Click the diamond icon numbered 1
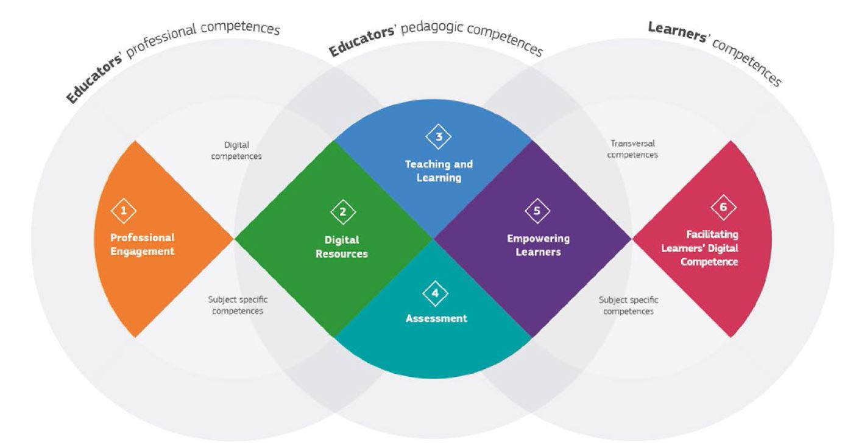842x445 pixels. [124, 211]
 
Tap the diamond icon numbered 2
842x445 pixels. [343, 212]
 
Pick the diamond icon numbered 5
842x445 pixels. [537, 211]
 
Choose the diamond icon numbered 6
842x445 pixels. [723, 208]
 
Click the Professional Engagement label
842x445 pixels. [142, 244]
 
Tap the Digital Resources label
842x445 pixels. [342, 247]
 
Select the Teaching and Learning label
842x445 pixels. [439, 171]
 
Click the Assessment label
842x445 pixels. [436, 318]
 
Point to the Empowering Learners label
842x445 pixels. [538, 245]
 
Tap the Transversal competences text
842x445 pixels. [633, 149]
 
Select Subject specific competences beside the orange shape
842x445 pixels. [238, 306]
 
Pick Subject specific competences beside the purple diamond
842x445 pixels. [628, 306]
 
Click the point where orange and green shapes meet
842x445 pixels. [235, 239]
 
